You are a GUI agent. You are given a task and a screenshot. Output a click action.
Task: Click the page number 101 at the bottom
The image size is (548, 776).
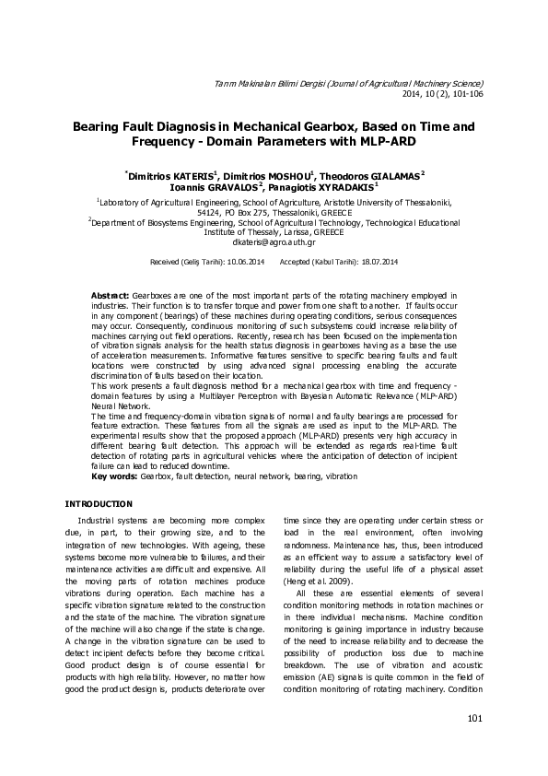coord(475,719)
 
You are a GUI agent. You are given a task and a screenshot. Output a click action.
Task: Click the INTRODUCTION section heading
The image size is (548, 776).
coord(99,503)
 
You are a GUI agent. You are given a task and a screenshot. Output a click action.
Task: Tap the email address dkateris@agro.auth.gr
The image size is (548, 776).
coord(274,241)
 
